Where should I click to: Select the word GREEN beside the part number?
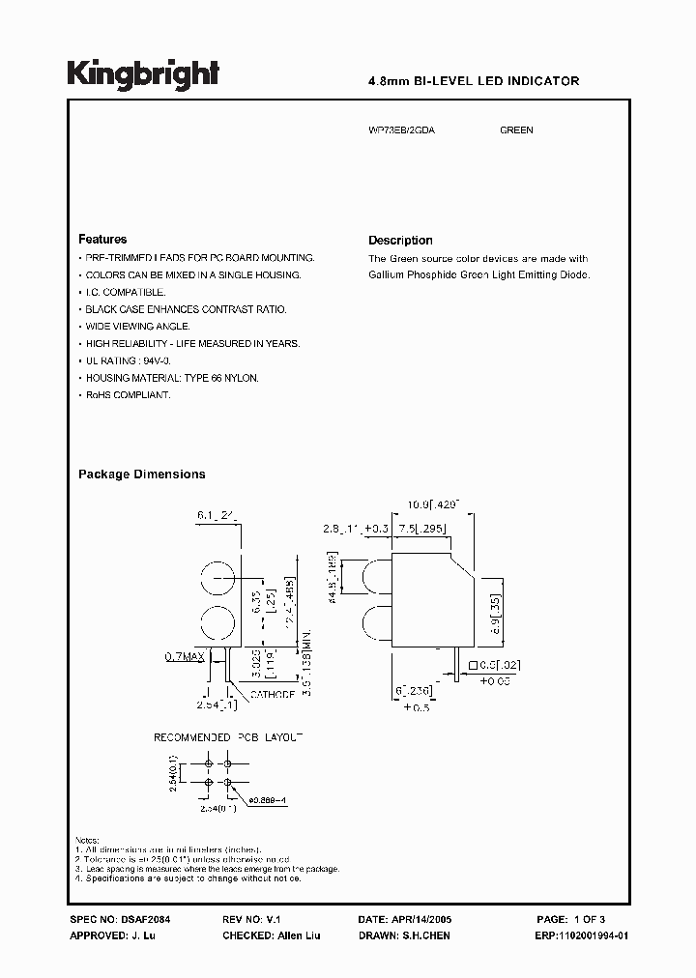[x=516, y=130]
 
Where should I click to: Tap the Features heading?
[x=102, y=239]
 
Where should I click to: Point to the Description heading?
[x=400, y=241]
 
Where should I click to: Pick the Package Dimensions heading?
[x=141, y=475]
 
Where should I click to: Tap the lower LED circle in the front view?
[x=220, y=623]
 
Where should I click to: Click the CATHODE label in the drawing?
[x=273, y=694]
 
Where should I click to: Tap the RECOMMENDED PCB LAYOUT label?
[x=229, y=737]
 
